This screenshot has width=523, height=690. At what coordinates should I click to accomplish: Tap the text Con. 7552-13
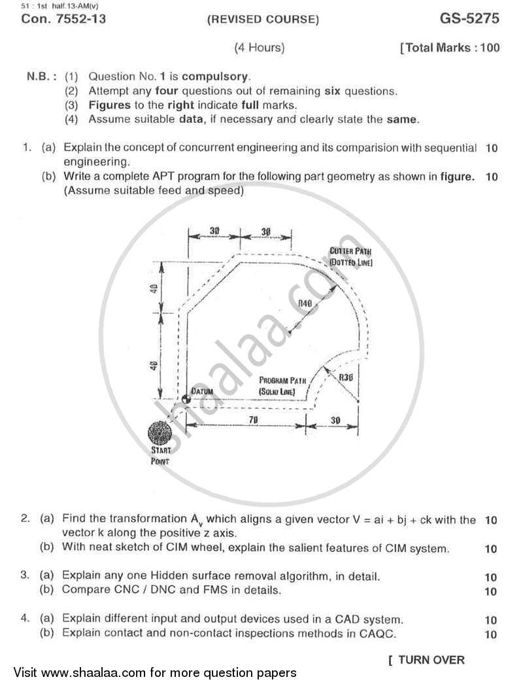(x=63, y=19)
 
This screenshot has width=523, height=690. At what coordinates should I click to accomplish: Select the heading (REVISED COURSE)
(x=263, y=20)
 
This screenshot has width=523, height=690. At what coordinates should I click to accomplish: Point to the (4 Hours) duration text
(x=260, y=48)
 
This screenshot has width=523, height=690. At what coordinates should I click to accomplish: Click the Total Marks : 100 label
(x=451, y=48)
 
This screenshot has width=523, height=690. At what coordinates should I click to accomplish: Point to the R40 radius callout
(x=305, y=303)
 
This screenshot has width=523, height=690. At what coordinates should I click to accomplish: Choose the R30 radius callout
(x=346, y=377)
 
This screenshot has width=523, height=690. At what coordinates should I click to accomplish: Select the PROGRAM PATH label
(x=278, y=385)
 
